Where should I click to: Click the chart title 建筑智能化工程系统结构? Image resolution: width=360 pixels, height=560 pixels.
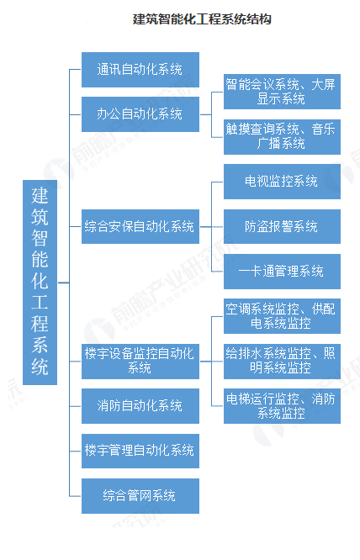(x=202, y=19)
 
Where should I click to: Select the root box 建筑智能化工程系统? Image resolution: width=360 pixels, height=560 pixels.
(x=40, y=283)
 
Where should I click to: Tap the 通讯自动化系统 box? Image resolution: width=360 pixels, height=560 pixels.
(x=140, y=70)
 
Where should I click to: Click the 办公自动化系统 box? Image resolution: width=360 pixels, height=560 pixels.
(x=140, y=114)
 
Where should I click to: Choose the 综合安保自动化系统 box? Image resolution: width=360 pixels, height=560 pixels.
(x=140, y=226)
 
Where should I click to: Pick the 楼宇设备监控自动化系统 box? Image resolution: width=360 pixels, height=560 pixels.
(x=140, y=361)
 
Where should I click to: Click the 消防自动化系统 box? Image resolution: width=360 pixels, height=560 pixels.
(x=140, y=406)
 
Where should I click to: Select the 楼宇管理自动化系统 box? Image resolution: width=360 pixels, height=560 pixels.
(x=140, y=451)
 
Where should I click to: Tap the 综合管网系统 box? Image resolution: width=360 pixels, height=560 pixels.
(x=140, y=496)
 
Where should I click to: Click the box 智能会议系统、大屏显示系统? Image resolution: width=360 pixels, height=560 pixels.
(x=282, y=92)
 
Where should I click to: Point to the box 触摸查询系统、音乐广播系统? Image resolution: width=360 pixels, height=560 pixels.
(x=282, y=137)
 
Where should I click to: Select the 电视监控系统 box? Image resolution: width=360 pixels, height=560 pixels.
(x=282, y=182)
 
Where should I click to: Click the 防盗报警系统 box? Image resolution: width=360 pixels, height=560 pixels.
(x=282, y=226)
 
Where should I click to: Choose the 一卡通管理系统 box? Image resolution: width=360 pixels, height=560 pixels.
(x=282, y=272)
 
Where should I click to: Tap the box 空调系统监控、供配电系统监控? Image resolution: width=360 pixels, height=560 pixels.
(x=282, y=316)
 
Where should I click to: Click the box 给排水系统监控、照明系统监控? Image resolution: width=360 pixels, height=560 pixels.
(x=282, y=361)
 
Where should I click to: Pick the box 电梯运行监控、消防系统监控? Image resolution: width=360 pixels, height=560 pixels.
(x=282, y=406)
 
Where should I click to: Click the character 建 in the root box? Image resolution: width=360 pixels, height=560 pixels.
(x=40, y=195)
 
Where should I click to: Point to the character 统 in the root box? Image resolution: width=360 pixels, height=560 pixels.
(x=40, y=367)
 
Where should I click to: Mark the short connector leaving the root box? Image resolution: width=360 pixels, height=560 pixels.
(x=63, y=283)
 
